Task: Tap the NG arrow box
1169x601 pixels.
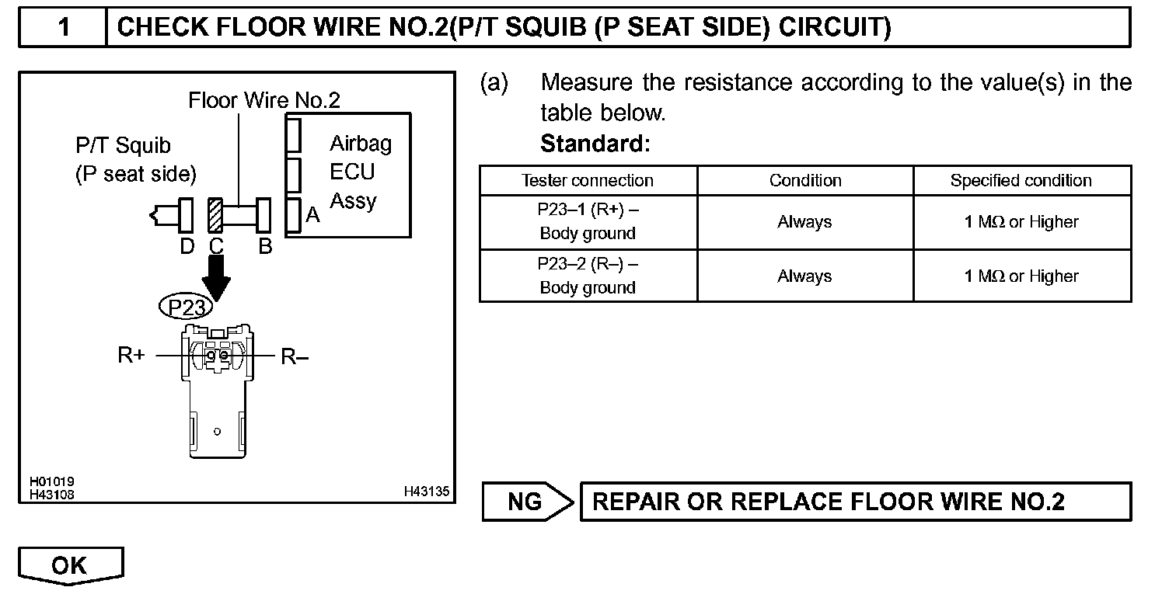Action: pos(526,502)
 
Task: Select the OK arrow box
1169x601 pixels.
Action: pos(70,565)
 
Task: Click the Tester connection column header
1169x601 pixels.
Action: pos(588,181)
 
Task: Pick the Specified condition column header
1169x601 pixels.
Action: pos(1021,181)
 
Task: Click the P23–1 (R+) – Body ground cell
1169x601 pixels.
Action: pos(588,222)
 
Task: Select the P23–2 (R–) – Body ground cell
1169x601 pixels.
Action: pos(588,276)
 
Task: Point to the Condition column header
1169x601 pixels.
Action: pos(804,181)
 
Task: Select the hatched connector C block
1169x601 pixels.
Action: pos(216,216)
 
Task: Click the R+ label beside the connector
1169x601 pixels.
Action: pos(131,356)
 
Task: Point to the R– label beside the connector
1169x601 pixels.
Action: pos(295,356)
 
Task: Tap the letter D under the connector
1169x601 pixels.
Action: pos(187,247)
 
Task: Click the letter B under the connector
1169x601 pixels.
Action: pos(265,247)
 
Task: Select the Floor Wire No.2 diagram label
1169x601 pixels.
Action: pos(264,100)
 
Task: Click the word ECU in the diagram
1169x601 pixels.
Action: pos(352,172)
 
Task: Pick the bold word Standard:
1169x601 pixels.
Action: pos(595,144)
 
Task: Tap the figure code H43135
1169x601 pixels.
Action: pos(426,492)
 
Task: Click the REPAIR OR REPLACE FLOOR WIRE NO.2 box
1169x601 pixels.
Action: pos(855,502)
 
